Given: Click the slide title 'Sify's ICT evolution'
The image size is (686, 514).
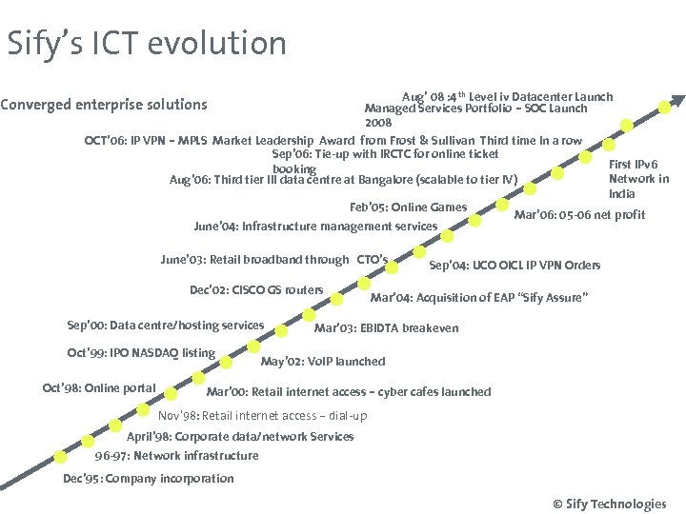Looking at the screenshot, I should [x=146, y=44].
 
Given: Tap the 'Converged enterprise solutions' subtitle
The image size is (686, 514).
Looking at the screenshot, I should [x=104, y=104].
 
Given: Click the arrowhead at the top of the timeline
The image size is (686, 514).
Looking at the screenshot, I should [x=677, y=100].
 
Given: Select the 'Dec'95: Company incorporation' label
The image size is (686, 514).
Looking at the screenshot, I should [x=148, y=479].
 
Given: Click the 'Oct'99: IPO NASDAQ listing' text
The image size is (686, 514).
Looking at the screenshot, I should [x=141, y=353].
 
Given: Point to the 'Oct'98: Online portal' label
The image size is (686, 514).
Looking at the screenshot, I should [x=99, y=387].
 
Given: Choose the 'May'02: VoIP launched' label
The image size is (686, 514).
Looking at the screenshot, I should [x=323, y=362].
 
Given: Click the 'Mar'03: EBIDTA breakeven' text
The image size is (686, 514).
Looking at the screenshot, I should [x=386, y=328].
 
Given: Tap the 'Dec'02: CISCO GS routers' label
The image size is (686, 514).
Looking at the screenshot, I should [x=256, y=290].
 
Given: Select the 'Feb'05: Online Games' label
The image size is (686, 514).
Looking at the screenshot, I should [x=409, y=208].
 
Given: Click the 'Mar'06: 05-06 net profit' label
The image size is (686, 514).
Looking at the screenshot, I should [x=579, y=215].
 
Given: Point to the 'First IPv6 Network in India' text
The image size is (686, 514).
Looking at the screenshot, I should [x=638, y=179].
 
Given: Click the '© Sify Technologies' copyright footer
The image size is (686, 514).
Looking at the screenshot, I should [x=609, y=504].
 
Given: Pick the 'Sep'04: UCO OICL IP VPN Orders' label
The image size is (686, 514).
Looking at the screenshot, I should [x=514, y=265].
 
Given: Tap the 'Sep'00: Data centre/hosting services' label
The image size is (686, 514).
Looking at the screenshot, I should [x=166, y=326].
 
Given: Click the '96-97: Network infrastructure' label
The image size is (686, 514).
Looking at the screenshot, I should [x=176, y=456].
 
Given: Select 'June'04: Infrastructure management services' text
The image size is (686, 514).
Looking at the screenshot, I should [x=315, y=227].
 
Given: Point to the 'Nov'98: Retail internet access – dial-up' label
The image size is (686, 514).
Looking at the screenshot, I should [x=262, y=416].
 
